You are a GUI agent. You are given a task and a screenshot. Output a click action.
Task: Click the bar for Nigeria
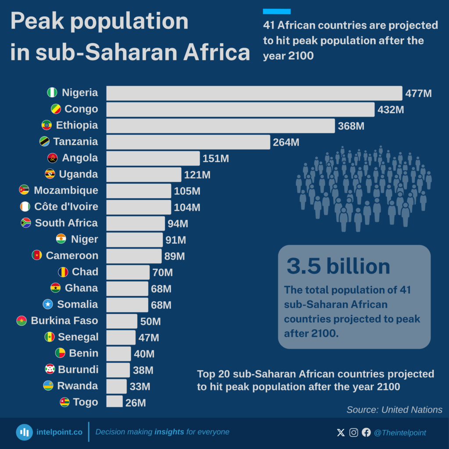[254, 93]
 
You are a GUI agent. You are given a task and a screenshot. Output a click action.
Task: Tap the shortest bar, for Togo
[114, 402]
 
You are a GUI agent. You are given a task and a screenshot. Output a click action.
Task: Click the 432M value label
[390, 110]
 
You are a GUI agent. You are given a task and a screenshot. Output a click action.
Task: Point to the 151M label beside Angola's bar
[215, 158]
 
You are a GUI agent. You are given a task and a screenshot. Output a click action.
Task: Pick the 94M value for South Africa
[178, 224]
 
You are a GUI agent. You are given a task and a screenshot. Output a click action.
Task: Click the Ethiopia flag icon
[46, 125]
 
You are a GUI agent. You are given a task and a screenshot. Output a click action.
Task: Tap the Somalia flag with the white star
[48, 304]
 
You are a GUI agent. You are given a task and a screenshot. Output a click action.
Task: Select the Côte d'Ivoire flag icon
[25, 207]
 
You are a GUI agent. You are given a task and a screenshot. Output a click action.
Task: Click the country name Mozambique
[66, 190]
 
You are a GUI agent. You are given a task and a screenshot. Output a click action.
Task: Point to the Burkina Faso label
[64, 321]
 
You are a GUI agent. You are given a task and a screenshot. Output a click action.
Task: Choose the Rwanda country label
[78, 386]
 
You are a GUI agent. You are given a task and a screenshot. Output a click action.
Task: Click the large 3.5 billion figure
[338, 266]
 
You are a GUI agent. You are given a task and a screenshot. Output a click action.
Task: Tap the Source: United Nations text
[394, 410]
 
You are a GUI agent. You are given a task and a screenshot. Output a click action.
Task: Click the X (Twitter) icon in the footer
[341, 433]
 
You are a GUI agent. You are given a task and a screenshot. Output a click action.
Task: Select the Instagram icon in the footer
[353, 433]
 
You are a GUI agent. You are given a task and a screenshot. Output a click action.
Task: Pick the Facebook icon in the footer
[366, 433]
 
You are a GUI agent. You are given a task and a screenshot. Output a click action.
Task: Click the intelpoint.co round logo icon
[25, 432]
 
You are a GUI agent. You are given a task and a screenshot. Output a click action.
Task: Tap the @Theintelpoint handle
[399, 433]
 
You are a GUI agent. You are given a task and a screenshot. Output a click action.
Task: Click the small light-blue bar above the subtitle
[277, 11]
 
